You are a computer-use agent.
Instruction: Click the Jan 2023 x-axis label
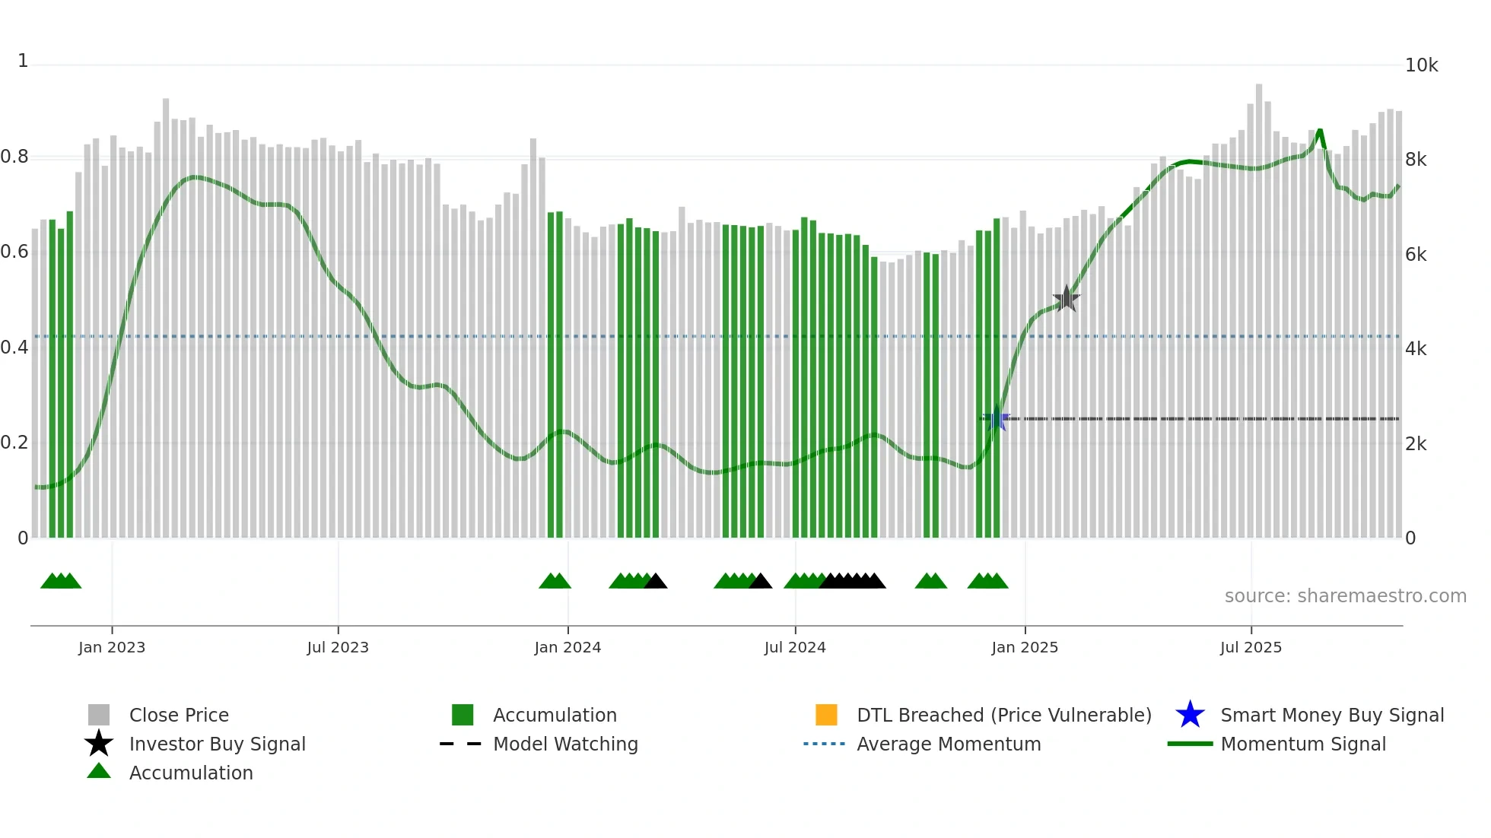(x=112, y=647)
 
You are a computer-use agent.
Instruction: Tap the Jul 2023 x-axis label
(x=338, y=647)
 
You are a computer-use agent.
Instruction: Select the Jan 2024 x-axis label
(x=567, y=647)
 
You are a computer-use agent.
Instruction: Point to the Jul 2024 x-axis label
(x=795, y=647)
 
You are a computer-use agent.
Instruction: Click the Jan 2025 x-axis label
(x=1025, y=647)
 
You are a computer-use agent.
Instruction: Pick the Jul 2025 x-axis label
(x=1251, y=647)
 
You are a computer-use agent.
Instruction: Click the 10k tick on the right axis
(x=1421, y=65)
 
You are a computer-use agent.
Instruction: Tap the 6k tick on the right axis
(x=1416, y=255)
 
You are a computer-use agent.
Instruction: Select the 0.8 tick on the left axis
(x=14, y=157)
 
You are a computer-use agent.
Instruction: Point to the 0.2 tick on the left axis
(x=14, y=443)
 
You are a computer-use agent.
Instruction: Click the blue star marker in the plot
(x=997, y=418)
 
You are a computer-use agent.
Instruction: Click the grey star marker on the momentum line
(x=1067, y=299)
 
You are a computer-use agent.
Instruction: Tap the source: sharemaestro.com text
(x=1345, y=596)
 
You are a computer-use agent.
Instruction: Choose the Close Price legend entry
(x=179, y=715)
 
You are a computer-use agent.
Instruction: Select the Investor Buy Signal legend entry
(x=217, y=744)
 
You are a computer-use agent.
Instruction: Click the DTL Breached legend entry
(x=1003, y=715)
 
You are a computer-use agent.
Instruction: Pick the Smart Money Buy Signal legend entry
(x=1331, y=715)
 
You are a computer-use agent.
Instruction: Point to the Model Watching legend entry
(x=565, y=744)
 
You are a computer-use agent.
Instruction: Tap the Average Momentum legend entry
(x=949, y=744)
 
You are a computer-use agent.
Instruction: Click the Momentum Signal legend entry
(x=1302, y=744)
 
